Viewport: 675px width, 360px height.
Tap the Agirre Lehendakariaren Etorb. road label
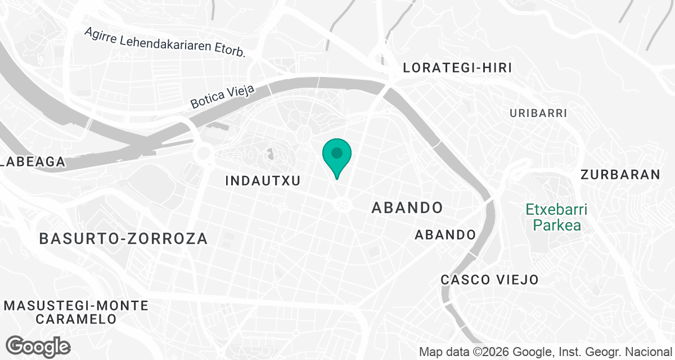click(x=165, y=42)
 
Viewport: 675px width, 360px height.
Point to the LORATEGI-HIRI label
click(x=457, y=68)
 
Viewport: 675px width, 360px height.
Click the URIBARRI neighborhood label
click(x=538, y=113)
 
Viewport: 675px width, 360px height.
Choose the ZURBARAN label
click(x=620, y=174)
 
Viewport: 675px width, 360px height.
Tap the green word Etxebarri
click(x=556, y=210)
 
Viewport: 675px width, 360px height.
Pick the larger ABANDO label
click(x=407, y=208)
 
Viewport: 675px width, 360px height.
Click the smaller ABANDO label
click(x=445, y=235)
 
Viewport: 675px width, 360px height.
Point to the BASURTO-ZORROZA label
click(x=124, y=238)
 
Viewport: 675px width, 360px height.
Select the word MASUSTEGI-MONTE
click(x=77, y=306)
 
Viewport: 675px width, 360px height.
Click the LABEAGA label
click(x=32, y=162)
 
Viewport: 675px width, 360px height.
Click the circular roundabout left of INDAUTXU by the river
click(x=203, y=152)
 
